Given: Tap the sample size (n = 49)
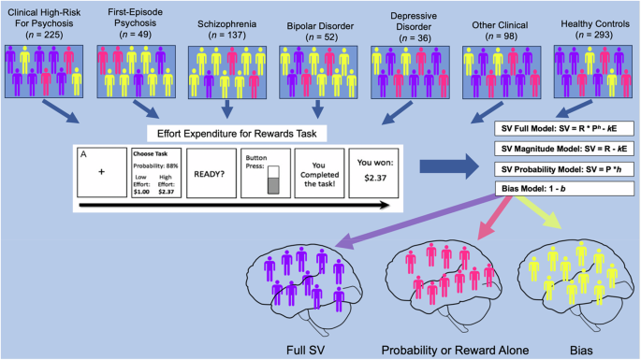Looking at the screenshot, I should (x=126, y=35).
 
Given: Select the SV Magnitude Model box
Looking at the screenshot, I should (x=559, y=152).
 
